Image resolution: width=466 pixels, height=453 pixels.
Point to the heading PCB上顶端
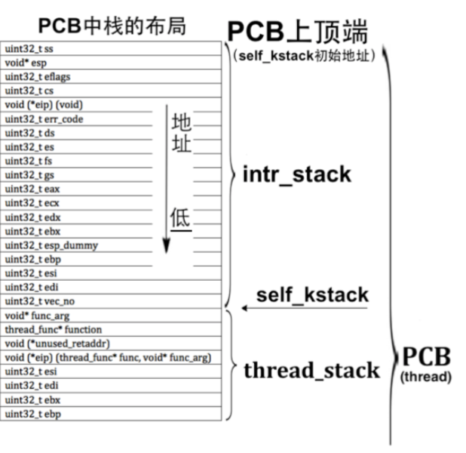point(298,31)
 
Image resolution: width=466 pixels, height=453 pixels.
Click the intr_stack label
point(296,174)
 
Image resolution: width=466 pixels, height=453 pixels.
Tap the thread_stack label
point(311,371)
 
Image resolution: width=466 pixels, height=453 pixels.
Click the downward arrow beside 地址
point(166,181)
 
